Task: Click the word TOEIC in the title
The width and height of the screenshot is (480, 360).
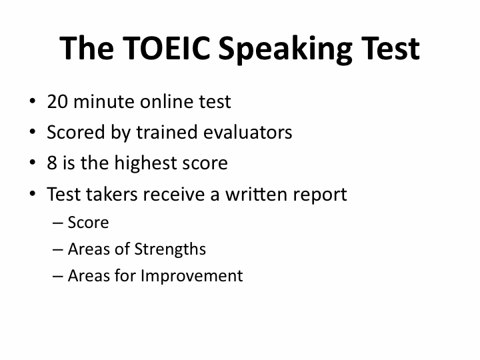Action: pyautogui.click(x=167, y=48)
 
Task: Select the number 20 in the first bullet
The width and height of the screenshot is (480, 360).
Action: pyautogui.click(x=57, y=101)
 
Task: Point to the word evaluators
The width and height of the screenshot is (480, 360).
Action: pyautogui.click(x=247, y=132)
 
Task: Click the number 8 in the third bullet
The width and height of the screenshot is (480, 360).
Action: pyautogui.click(x=52, y=163)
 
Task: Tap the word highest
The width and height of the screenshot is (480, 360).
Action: pyautogui.click(x=145, y=163)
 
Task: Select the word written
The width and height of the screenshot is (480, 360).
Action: pyautogui.click(x=256, y=194)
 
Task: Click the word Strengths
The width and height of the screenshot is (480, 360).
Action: pyautogui.click(x=170, y=249)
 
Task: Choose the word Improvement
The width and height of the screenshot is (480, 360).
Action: pyautogui.click(x=192, y=277)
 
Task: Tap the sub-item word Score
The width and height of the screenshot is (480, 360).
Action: pyautogui.click(x=88, y=222)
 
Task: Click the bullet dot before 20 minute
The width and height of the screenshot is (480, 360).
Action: pyautogui.click(x=33, y=101)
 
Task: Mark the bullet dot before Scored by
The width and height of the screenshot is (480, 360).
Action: pyautogui.click(x=33, y=131)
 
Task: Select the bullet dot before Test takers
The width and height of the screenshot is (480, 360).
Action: pyautogui.click(x=33, y=193)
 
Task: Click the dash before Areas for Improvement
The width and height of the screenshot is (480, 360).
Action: pyautogui.click(x=58, y=277)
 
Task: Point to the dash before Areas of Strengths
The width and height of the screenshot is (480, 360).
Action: pyautogui.click(x=58, y=250)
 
